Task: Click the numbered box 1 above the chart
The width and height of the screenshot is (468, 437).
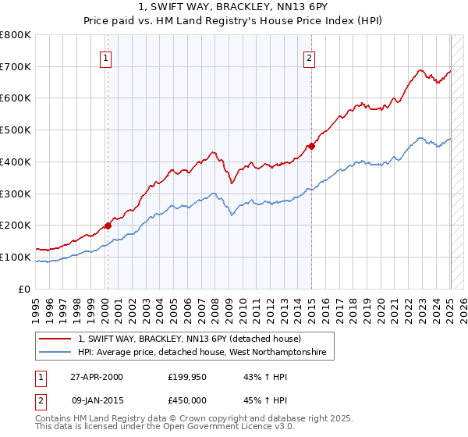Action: tap(105, 57)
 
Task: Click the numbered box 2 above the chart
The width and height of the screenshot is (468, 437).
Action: tap(310, 57)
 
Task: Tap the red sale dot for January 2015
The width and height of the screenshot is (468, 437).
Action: tap(311, 145)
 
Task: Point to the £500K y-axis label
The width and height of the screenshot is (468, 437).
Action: tap(16, 130)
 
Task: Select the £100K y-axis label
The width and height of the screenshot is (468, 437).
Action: tap(16, 257)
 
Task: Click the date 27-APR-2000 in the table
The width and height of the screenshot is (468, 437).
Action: tap(97, 377)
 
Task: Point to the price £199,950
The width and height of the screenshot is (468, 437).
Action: tap(186, 377)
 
